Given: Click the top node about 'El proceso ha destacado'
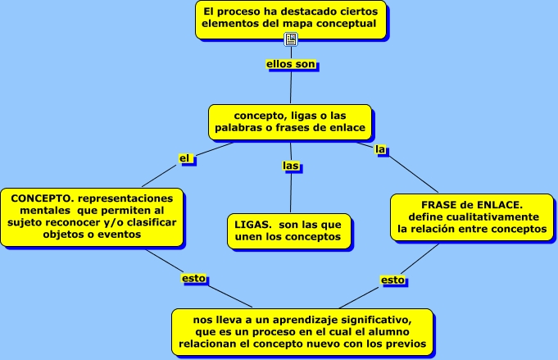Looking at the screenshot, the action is [291, 18].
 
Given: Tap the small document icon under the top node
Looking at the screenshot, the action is [291, 39].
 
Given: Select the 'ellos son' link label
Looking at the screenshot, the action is [291, 64].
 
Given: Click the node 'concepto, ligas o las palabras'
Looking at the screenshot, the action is [291, 121].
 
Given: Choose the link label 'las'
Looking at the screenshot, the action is [291, 166].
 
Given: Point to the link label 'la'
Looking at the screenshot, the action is [380, 149].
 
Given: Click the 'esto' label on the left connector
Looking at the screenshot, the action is [193, 278].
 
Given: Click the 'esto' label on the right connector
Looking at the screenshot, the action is [392, 280].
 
